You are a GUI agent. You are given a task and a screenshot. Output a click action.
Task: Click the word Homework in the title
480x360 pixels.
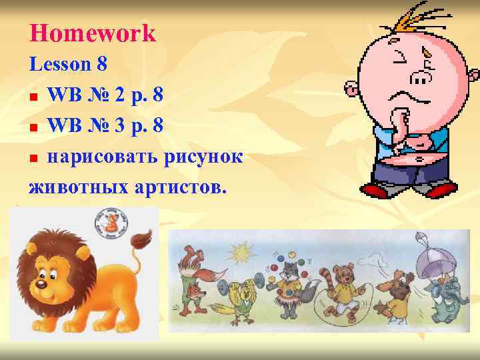(93, 33)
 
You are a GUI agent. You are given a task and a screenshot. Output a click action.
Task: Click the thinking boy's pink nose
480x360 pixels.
(421, 77)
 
